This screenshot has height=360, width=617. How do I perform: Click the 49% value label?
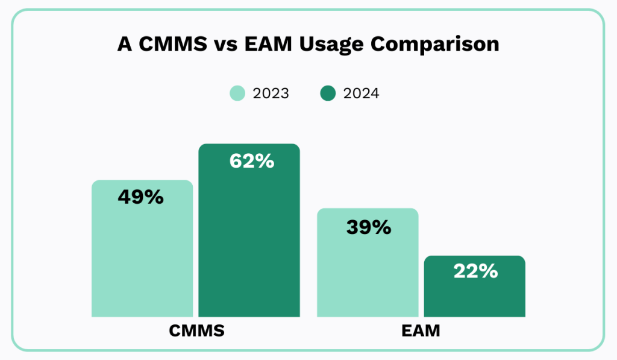tap(140, 197)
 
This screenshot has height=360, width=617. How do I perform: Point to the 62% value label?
tap(252, 161)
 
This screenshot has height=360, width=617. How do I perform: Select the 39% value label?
tap(369, 227)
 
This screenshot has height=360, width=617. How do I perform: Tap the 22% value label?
tap(475, 271)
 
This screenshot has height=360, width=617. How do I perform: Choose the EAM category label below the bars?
tap(421, 330)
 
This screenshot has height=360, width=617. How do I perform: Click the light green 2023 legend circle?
tap(237, 93)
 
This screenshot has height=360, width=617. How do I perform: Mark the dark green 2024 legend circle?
tap(328, 93)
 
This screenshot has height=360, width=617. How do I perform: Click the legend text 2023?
tap(271, 93)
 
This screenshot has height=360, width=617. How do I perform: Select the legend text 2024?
tap(361, 93)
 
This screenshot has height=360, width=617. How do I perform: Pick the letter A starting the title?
tap(124, 44)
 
